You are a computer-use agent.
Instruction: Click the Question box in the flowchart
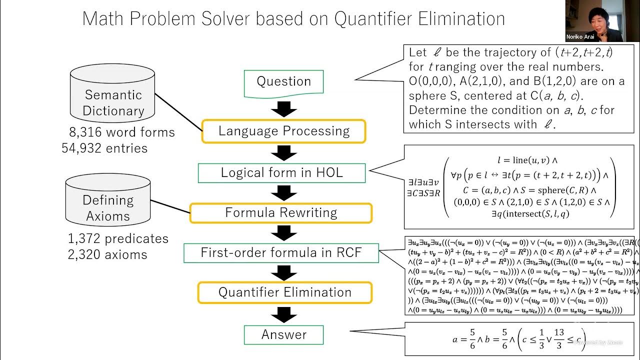283,82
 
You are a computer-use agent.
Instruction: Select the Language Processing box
283,131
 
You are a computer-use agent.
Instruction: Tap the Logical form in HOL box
282,173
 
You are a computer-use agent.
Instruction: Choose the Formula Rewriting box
281,212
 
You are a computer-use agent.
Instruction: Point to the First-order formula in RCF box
281,252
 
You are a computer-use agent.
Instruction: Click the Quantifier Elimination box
284,292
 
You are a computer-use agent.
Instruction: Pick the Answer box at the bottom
283,334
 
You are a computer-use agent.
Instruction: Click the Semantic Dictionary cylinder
113,95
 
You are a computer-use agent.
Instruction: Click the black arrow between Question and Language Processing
284,108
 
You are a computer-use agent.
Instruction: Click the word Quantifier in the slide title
378,19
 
